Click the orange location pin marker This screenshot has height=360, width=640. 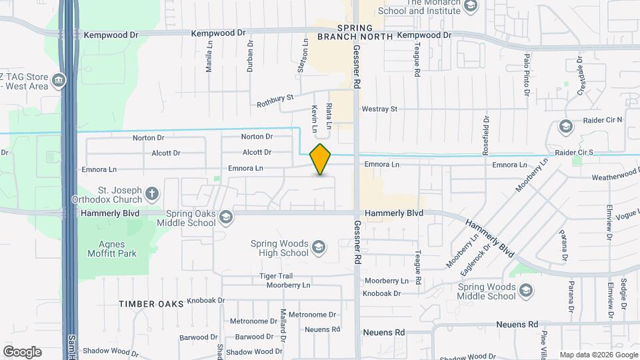pos(321,159)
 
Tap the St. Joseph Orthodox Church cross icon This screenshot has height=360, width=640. pos(152,195)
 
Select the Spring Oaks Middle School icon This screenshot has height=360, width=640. pos(226,217)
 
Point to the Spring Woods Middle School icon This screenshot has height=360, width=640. pos(526,290)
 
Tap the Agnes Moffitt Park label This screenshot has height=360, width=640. pos(112,249)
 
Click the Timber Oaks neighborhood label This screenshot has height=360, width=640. pos(151,304)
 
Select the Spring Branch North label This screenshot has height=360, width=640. pos(365,32)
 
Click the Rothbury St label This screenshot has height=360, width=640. pos(275,101)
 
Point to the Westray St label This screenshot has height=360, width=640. pos(379,109)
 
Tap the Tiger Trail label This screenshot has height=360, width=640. pos(277,276)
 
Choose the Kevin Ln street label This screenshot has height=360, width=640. pos(314,117)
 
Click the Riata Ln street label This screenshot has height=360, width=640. pos(329,115)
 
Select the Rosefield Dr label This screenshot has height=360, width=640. pos(486,133)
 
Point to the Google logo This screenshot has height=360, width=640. pos(22,351)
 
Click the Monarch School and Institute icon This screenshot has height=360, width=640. pos(471,7)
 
